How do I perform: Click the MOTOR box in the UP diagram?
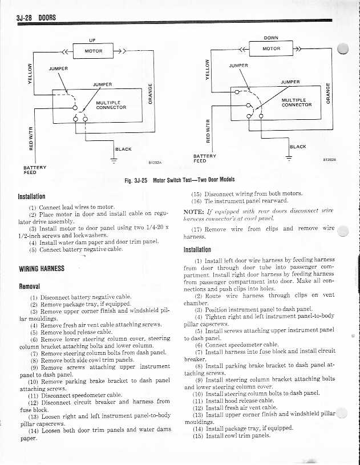pyautogui.click(x=93, y=51)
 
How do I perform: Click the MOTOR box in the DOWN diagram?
pyautogui.click(x=271, y=48)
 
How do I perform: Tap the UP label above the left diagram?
pyautogui.click(x=92, y=39)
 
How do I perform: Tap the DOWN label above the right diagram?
pyautogui.click(x=271, y=38)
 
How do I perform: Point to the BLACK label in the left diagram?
pyautogui.click(x=123, y=149)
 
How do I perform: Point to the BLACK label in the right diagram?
pyautogui.click(x=298, y=147)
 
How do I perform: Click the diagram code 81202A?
pyautogui.click(x=154, y=163)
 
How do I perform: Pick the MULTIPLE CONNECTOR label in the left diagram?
pyautogui.click(x=111, y=104)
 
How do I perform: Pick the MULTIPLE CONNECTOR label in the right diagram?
pyautogui.click(x=297, y=102)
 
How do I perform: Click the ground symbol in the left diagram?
pyautogui.click(x=114, y=160)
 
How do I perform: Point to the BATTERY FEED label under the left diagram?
pyautogui.click(x=30, y=170)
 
